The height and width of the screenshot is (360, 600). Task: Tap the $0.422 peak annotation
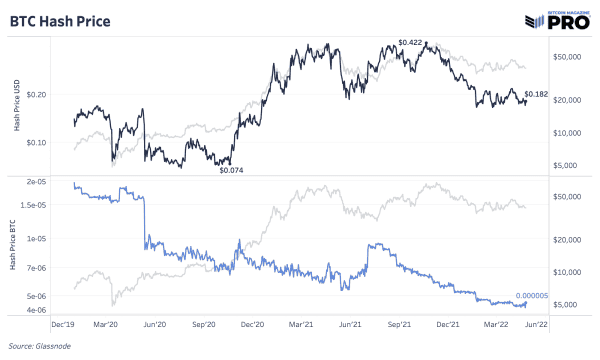[410, 42]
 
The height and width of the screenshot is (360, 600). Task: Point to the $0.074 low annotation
[232, 170]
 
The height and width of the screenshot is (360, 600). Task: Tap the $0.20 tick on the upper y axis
[35, 94]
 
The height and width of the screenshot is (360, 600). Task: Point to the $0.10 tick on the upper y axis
[35, 142]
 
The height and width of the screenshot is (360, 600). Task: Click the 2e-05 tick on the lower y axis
[37, 182]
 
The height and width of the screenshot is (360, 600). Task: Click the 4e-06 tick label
[37, 310]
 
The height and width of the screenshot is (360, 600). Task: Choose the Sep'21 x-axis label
[399, 325]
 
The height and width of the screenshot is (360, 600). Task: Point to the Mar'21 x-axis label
[302, 325]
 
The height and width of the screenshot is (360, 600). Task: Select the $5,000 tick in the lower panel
[572, 303]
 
